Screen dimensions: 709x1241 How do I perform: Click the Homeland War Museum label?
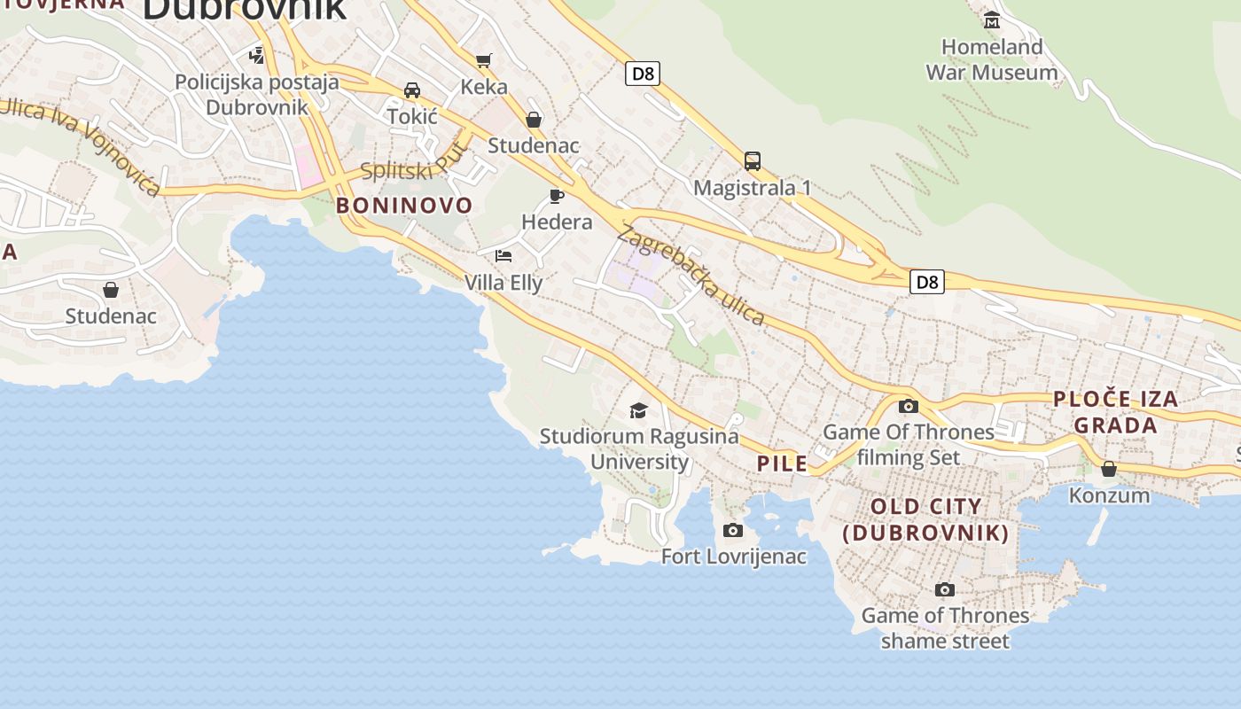click(992, 59)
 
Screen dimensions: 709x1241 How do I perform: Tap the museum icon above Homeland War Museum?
click(992, 19)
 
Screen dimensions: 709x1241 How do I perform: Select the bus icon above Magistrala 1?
click(753, 160)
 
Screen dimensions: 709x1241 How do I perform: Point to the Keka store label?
click(484, 87)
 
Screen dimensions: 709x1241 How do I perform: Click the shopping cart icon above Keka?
click(483, 60)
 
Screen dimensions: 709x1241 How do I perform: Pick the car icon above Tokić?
click(412, 90)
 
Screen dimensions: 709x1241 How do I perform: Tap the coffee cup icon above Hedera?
click(557, 195)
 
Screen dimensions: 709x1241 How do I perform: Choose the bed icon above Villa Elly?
click(503, 256)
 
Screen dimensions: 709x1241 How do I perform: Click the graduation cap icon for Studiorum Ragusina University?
click(638, 409)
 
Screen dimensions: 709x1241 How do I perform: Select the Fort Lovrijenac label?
click(734, 557)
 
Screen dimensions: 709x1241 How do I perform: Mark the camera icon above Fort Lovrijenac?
click(732, 530)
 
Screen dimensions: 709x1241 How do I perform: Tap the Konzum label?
click(1109, 495)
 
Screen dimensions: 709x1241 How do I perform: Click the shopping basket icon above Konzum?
click(1109, 469)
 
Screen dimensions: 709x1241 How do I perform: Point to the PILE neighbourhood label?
click(782, 464)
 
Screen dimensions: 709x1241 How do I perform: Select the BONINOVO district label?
click(404, 206)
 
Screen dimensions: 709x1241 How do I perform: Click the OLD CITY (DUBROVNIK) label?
click(926, 519)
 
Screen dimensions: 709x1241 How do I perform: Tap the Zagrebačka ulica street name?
click(691, 276)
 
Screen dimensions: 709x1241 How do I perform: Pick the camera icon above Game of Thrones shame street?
click(945, 589)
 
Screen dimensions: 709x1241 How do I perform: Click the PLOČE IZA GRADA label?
click(1116, 412)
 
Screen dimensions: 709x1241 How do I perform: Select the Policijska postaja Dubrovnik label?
click(257, 95)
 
